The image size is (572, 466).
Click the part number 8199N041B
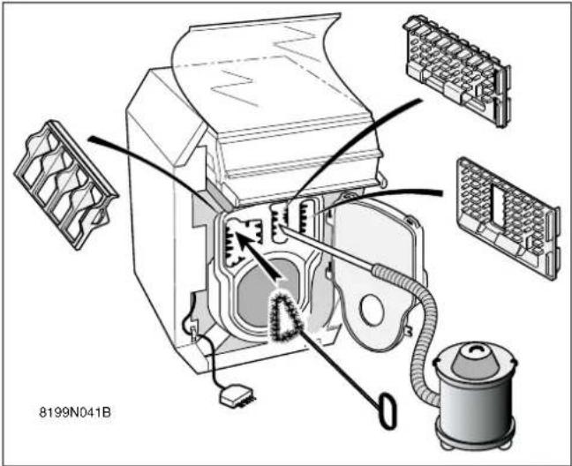tap(75, 413)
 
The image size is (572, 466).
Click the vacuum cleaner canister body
tap(475, 405)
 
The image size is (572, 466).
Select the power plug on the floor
tap(237, 395)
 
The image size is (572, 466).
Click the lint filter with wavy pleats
tap(65, 184)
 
